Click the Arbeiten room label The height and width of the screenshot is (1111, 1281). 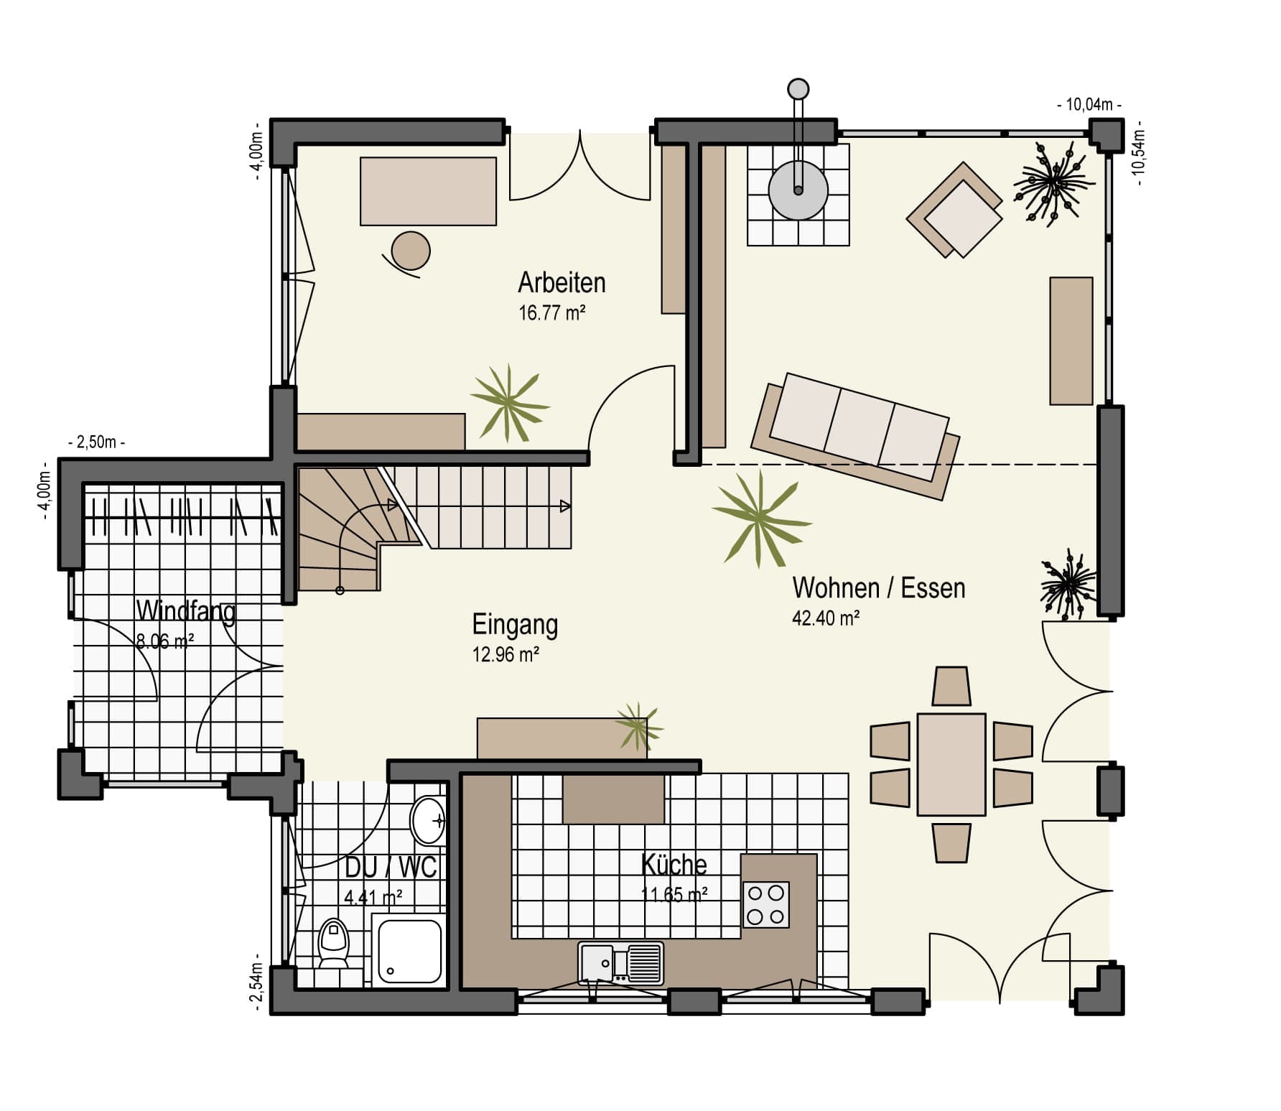[562, 283]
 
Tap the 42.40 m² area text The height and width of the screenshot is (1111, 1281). [826, 618]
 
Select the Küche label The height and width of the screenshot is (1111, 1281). [674, 865]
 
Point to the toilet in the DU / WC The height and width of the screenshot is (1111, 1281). [332, 943]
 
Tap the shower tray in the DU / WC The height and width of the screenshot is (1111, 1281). [406, 952]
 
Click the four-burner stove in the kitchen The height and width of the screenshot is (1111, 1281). [765, 904]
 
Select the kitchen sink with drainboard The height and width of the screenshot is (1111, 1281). [620, 963]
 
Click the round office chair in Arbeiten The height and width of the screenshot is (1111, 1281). [411, 251]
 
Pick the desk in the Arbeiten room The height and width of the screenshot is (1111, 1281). [428, 192]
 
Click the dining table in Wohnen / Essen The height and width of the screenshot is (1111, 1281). [951, 764]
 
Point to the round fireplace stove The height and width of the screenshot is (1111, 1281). [798, 191]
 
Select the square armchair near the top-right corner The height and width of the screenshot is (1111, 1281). [955, 210]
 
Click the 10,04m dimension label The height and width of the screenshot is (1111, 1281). [1089, 105]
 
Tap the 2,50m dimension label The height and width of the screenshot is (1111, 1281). [96, 442]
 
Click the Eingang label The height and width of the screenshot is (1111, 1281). [515, 625]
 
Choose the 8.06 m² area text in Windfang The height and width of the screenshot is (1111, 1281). [164, 641]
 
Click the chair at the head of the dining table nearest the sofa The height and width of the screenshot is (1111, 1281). [951, 687]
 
